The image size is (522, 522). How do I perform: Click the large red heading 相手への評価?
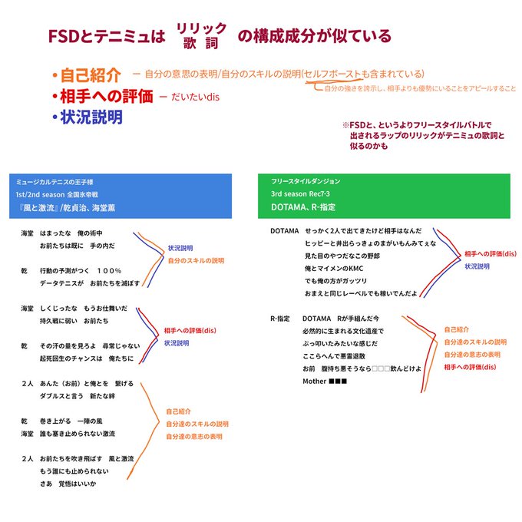[x=107, y=97]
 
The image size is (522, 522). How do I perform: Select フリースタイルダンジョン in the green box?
[x=306, y=181]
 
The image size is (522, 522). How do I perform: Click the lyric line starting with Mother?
[x=327, y=381]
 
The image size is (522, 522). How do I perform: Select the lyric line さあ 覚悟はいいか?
[x=69, y=484]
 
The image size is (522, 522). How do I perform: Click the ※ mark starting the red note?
[x=345, y=124]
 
